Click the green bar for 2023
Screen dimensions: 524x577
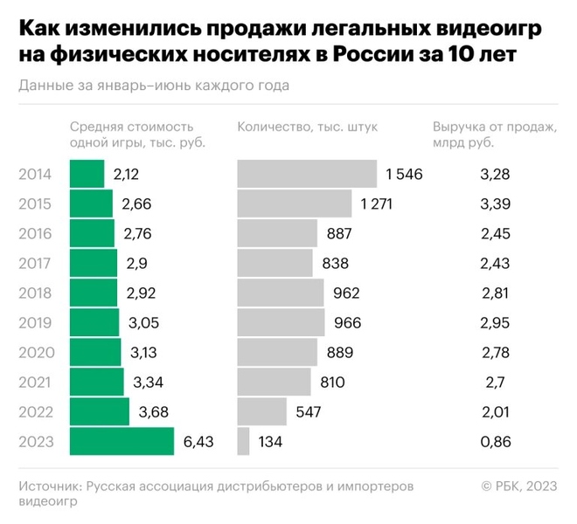point(122,441)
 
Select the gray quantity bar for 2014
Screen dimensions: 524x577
point(307,174)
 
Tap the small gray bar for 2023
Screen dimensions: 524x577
point(243,441)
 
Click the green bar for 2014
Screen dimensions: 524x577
point(87,174)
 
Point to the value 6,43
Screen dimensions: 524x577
point(198,442)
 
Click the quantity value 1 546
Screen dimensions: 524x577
point(404,175)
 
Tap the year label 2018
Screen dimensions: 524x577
point(36,293)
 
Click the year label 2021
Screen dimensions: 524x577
point(36,383)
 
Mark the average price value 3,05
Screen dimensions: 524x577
point(143,323)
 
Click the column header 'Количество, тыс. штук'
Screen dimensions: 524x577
point(307,127)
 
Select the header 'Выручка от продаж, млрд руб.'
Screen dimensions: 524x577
point(495,134)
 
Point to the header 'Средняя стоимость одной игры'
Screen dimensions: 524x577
point(138,134)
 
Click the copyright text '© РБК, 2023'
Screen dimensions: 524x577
point(518,486)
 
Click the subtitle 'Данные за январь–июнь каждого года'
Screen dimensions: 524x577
point(153,86)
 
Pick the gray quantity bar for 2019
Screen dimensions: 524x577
point(281,322)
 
